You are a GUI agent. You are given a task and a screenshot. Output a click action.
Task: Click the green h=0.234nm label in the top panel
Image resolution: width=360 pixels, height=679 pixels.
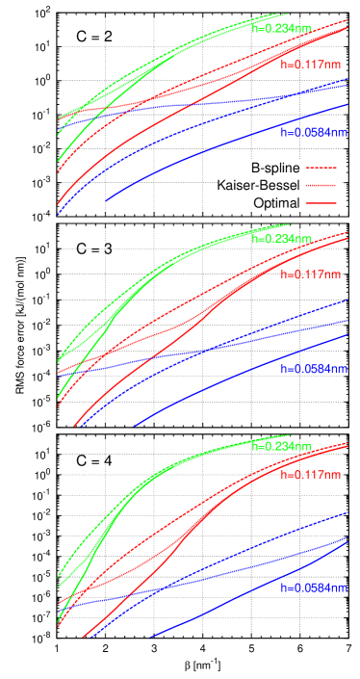click(x=281, y=29)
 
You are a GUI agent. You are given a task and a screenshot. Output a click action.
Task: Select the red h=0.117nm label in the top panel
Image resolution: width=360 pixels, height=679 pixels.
click(x=310, y=65)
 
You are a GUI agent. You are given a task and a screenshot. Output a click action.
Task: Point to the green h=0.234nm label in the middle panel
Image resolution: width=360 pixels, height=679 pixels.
click(x=281, y=239)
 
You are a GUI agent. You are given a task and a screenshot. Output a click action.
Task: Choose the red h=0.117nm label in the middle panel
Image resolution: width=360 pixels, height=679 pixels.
click(x=310, y=274)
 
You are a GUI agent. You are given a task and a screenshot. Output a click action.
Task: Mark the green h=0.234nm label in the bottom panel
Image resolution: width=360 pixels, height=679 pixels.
click(x=281, y=447)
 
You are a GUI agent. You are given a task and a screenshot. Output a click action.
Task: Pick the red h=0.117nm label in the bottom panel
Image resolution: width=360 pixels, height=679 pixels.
click(x=310, y=475)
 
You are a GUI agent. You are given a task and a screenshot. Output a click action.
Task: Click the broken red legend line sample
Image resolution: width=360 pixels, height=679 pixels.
click(x=321, y=168)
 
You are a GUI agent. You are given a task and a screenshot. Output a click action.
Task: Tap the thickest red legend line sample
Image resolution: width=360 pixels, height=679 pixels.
click(x=321, y=185)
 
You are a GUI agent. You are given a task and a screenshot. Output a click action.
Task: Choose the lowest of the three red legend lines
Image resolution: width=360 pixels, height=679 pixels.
click(x=321, y=203)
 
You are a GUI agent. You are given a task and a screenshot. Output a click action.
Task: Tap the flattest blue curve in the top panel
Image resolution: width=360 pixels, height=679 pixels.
click(x=193, y=106)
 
